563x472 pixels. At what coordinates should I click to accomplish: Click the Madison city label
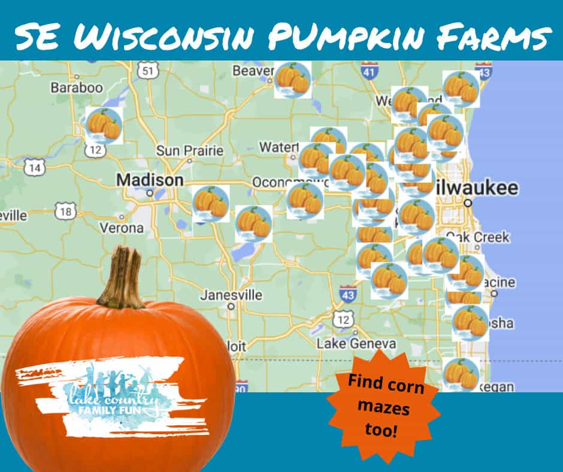pyautogui.click(x=150, y=180)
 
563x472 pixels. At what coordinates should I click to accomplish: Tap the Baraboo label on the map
pyautogui.click(x=77, y=87)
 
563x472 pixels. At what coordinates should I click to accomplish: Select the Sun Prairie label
pyautogui.click(x=189, y=151)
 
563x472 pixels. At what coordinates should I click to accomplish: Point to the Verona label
pyautogui.click(x=122, y=228)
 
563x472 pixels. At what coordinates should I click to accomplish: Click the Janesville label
pyautogui.click(x=231, y=295)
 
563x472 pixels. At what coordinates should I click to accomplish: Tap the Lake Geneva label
pyautogui.click(x=356, y=344)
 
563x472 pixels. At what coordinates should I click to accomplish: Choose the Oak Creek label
pyautogui.click(x=485, y=237)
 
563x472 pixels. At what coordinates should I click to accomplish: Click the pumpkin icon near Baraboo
pyautogui.click(x=104, y=125)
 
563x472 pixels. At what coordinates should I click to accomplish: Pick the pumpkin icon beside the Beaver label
pyautogui.click(x=292, y=80)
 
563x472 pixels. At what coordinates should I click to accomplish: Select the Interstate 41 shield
pyautogui.click(x=370, y=72)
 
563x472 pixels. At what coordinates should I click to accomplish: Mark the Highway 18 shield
pyautogui.click(x=65, y=211)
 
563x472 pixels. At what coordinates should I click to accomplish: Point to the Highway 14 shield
pyautogui.click(x=34, y=168)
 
